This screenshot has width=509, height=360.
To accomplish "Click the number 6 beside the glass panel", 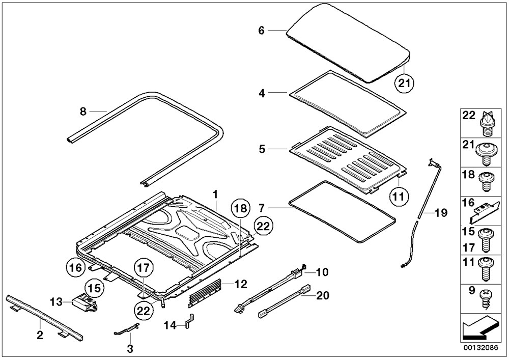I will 261,31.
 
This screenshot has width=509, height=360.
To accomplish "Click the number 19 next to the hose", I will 441,213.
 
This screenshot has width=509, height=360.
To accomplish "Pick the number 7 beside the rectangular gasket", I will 261,208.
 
